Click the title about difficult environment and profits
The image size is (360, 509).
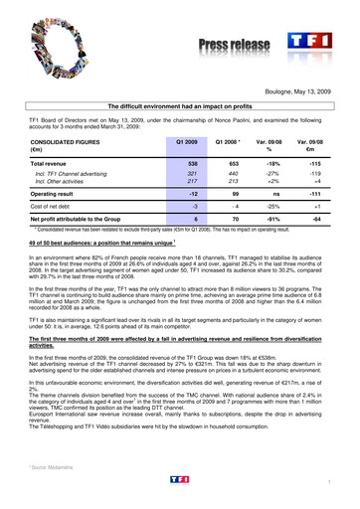[x=180, y=104]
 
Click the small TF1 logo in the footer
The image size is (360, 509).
[x=179, y=478]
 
